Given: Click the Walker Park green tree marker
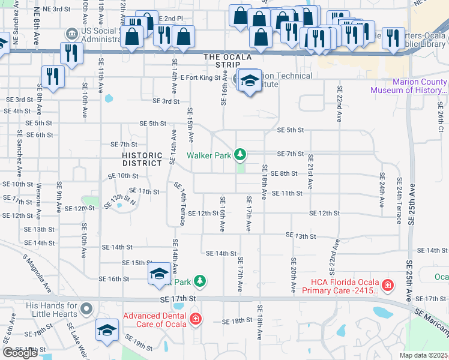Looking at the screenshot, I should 240,155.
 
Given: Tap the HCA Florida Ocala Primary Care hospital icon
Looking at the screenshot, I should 388,284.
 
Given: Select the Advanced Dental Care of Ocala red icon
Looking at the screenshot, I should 195,319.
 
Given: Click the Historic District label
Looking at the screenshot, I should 142,159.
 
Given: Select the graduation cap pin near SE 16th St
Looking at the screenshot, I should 159,273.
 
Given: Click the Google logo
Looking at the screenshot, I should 20,353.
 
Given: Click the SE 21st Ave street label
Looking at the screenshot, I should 310,170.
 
